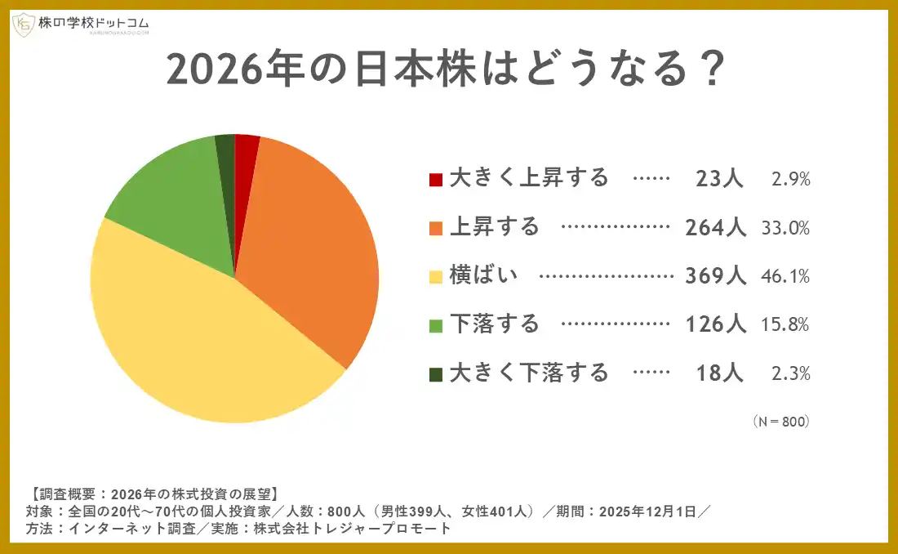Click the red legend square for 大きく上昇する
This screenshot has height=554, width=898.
[436, 179]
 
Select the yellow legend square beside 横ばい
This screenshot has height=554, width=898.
[436, 276]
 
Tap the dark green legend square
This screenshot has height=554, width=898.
[436, 373]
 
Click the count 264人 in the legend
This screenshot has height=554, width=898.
[715, 227]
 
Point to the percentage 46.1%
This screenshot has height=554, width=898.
[785, 276]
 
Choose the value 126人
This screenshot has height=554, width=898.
[715, 324]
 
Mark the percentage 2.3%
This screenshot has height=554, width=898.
[790, 373]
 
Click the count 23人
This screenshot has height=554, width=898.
[719, 179]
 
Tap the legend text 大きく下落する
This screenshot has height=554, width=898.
[529, 373]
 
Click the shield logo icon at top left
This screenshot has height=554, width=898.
[23, 25]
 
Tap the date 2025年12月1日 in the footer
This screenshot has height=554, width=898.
[649, 512]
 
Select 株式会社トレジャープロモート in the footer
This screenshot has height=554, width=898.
[352, 529]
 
